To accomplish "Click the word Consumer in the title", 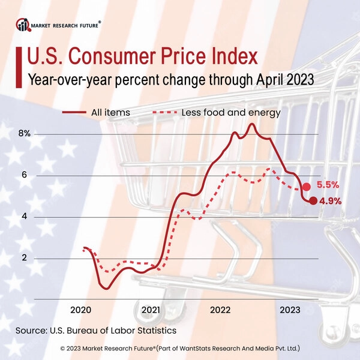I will tap(122, 58).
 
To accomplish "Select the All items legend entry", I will tap(96, 112).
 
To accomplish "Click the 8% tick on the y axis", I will tap(24, 134).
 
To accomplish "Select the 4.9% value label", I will tap(330, 201).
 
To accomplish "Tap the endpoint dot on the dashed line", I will tap(307, 187).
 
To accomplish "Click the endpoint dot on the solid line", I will tap(313, 200).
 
